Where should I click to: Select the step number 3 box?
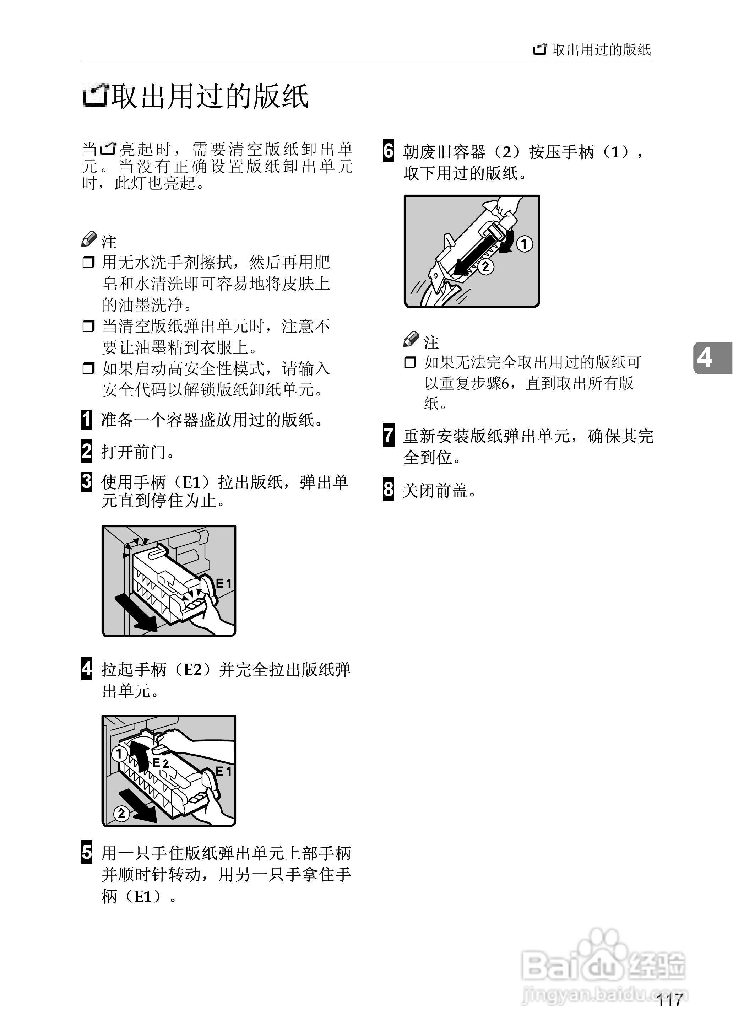(87, 482)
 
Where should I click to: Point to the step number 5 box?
(87, 852)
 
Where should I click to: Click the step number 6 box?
(389, 151)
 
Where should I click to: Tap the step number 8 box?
(389, 489)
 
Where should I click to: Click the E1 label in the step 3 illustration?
(223, 584)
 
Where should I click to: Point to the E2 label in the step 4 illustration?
(161, 763)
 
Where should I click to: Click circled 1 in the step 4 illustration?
(119, 753)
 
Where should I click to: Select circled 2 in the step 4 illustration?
(121, 814)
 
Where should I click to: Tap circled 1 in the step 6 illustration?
(524, 244)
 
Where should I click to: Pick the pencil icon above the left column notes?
(89, 239)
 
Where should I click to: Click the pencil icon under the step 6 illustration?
(411, 339)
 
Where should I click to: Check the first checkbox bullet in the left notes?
(88, 262)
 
